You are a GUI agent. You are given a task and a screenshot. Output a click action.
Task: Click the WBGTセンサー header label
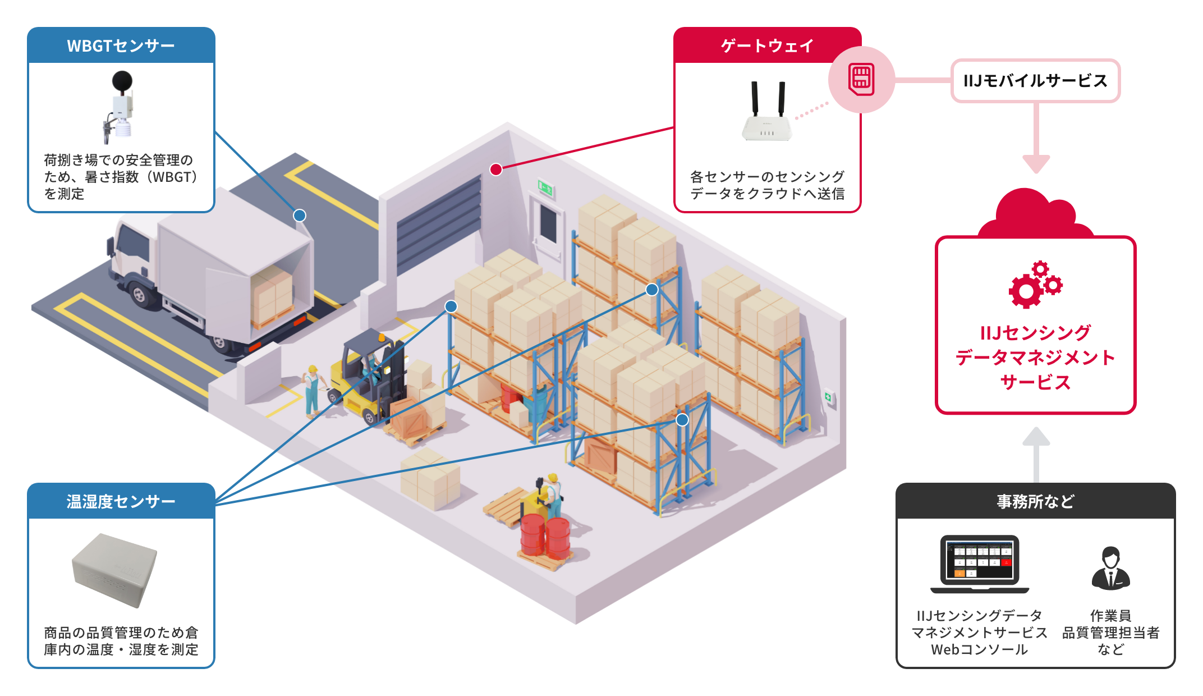(x=121, y=45)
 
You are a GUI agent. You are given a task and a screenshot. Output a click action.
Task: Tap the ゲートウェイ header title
(x=766, y=45)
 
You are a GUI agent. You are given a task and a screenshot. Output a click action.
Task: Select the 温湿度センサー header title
(x=121, y=501)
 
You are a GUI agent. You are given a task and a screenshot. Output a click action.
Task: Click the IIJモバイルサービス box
(x=1035, y=81)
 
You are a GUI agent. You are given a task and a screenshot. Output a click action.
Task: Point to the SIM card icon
(x=862, y=79)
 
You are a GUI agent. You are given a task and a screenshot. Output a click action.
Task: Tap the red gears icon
(x=1035, y=285)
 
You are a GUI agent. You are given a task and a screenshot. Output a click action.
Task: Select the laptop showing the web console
(x=980, y=564)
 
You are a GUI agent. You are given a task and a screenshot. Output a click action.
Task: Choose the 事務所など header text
(x=1035, y=501)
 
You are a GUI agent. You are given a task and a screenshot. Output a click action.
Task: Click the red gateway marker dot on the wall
(x=496, y=170)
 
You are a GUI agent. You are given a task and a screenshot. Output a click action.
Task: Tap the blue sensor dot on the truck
(x=300, y=216)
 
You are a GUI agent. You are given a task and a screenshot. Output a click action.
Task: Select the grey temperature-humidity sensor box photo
(x=115, y=569)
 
